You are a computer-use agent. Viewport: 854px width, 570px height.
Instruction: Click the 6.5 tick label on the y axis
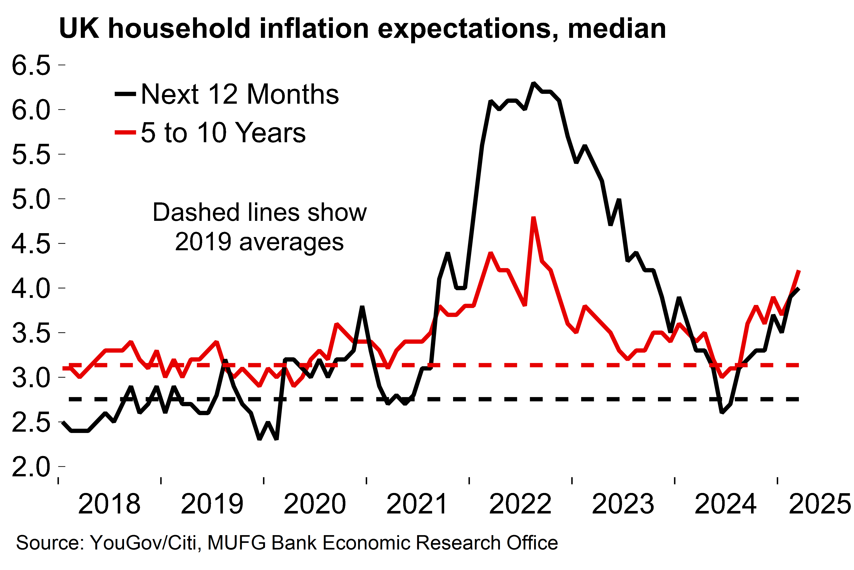pyautogui.click(x=31, y=65)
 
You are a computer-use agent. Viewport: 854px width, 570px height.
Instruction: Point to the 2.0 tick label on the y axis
pyautogui.click(x=31, y=467)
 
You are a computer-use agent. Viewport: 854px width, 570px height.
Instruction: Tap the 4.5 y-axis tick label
pyautogui.click(x=31, y=244)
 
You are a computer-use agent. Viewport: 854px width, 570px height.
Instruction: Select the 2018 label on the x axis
pyautogui.click(x=109, y=504)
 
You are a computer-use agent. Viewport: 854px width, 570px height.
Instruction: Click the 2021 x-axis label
pyautogui.click(x=417, y=504)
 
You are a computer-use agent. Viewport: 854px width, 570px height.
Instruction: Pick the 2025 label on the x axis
pyautogui.click(x=820, y=504)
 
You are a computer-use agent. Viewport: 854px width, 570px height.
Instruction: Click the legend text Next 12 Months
pyautogui.click(x=240, y=94)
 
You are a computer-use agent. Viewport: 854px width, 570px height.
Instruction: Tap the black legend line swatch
pyautogui.click(x=125, y=94)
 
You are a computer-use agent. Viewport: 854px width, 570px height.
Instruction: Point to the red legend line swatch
pyautogui.click(x=125, y=132)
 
